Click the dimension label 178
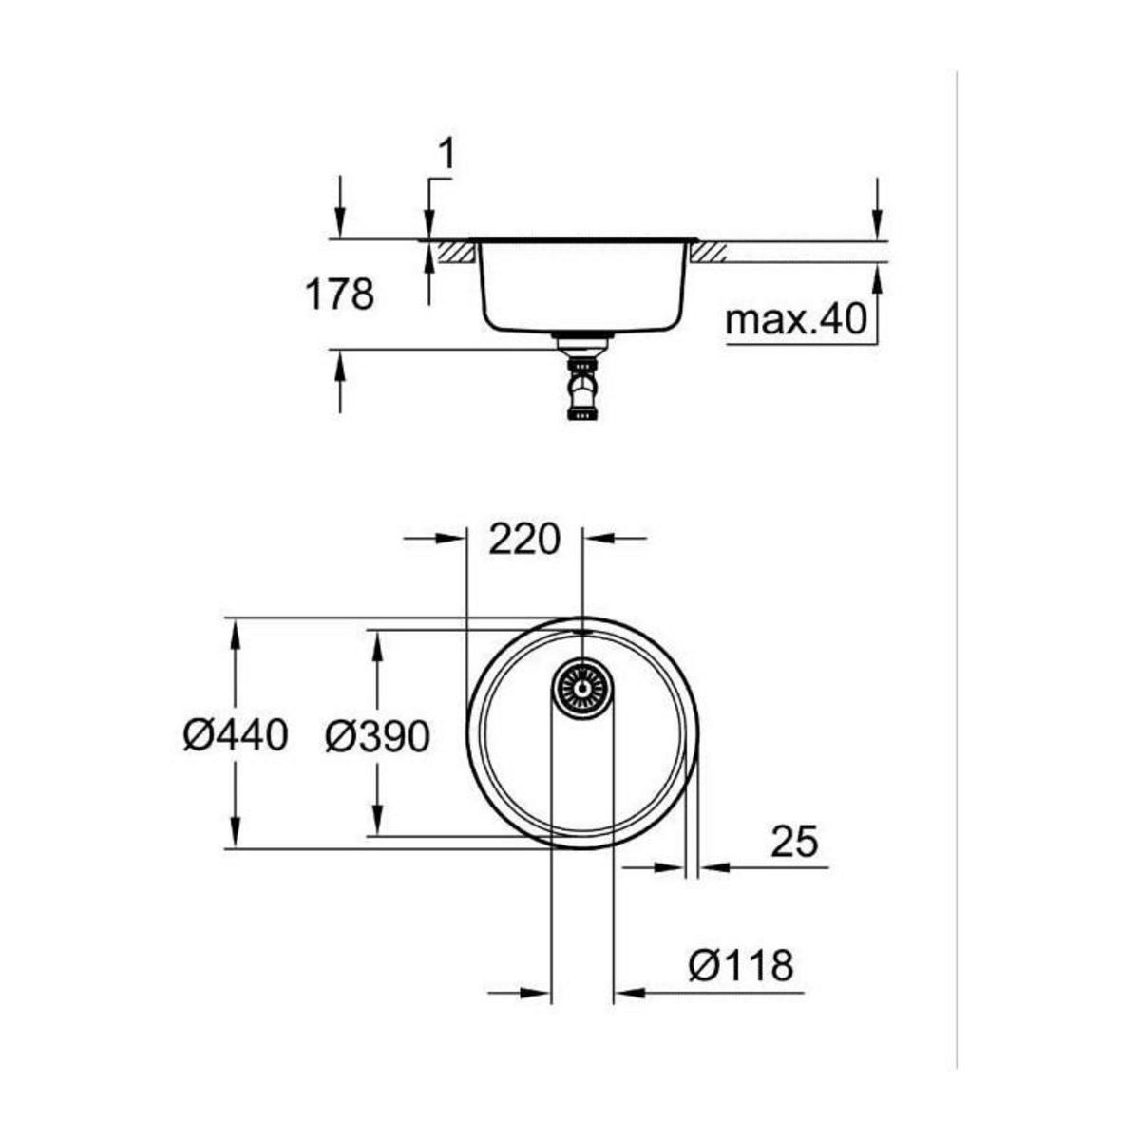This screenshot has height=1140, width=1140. point(339,294)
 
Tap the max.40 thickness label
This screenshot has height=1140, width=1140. point(796,320)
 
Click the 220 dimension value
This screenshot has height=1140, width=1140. point(523,540)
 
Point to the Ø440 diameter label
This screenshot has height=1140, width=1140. point(236,734)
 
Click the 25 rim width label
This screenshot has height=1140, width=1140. point(793,841)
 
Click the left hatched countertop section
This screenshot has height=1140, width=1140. point(455,253)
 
